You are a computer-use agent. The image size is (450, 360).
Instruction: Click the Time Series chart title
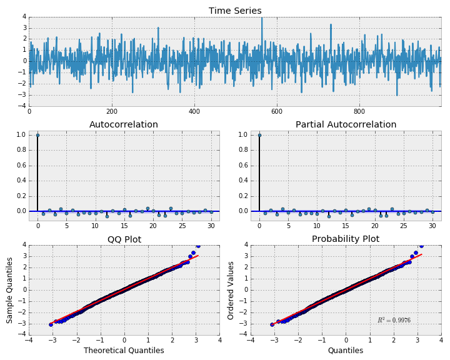click(235, 11)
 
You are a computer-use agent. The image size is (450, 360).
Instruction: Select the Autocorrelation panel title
click(124, 124)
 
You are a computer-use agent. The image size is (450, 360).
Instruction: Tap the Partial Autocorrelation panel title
click(346, 124)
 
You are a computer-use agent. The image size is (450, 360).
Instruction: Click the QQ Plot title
click(124, 239)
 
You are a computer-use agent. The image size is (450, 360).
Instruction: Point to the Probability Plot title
click(346, 239)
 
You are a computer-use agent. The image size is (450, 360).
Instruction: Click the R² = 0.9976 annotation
click(394, 321)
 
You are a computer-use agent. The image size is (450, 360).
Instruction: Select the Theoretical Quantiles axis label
click(124, 351)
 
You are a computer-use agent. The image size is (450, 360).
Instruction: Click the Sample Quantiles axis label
click(9, 289)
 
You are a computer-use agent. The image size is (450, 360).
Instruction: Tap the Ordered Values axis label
click(231, 289)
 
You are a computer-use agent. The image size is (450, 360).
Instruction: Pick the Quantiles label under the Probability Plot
click(346, 351)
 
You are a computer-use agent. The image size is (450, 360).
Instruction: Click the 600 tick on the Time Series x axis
click(359, 112)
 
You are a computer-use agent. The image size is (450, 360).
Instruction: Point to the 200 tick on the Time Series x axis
click(111, 112)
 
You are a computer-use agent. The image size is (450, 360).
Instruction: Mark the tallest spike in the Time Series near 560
click(262, 19)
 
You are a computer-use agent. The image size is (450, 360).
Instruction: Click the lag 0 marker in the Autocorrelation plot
click(37, 135)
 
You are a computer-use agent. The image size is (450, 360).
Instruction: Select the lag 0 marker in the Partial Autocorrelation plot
click(259, 135)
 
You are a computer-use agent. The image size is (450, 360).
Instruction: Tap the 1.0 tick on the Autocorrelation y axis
click(22, 135)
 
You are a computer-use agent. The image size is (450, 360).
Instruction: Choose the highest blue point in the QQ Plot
click(198, 246)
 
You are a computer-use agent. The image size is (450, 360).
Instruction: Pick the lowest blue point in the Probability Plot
click(272, 324)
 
